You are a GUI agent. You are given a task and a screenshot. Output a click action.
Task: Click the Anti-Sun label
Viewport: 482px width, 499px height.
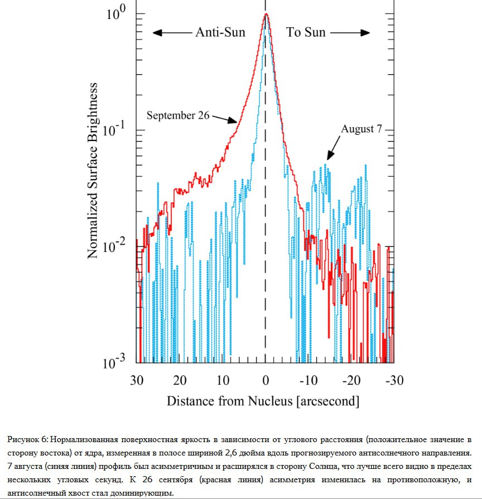coord(220,32)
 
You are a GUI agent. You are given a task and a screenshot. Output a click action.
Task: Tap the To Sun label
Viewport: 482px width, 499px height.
coord(306,32)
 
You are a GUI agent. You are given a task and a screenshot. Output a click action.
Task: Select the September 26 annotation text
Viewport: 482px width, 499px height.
coord(178,115)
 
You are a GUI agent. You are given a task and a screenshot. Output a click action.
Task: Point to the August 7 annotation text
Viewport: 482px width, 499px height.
coord(361,129)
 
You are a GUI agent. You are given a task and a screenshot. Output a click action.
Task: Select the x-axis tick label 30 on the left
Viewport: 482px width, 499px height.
coord(137,380)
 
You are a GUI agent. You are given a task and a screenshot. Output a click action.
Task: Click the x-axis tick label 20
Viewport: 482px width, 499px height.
coord(180,380)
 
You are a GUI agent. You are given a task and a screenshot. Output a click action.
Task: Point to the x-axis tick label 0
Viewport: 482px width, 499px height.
coord(266,380)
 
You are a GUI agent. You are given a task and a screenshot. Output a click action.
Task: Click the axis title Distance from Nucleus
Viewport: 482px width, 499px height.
coord(263,401)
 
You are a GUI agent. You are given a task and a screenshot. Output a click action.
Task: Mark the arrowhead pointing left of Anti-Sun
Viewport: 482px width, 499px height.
coord(157,32)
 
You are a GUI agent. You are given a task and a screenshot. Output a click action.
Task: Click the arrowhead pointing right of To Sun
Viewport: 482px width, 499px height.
coord(366,32)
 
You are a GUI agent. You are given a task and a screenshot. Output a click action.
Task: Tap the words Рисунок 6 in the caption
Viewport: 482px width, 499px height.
coord(28,438)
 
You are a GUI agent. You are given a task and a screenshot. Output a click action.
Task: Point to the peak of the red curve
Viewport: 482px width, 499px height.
coord(266,14)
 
